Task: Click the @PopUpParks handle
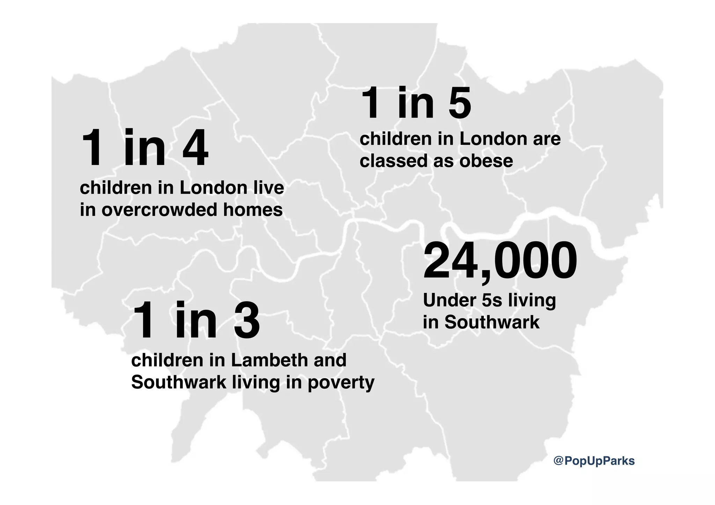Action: [594, 461]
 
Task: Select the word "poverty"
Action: [341, 383]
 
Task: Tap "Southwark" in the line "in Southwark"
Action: [492, 322]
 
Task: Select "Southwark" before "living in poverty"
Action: [179, 382]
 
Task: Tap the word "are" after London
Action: [547, 139]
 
